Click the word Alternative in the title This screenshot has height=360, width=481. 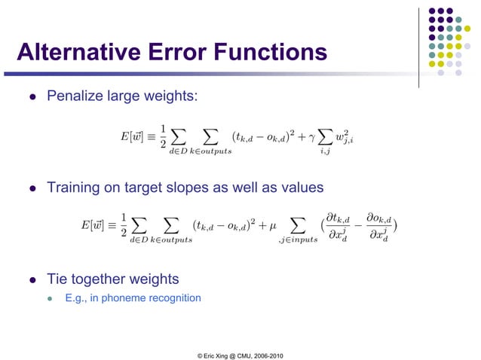click(78, 53)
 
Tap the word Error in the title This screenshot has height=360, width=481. click(178, 53)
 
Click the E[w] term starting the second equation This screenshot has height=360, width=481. click(95, 224)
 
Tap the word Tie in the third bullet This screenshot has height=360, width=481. click(59, 279)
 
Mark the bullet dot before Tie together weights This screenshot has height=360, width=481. click(32, 279)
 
